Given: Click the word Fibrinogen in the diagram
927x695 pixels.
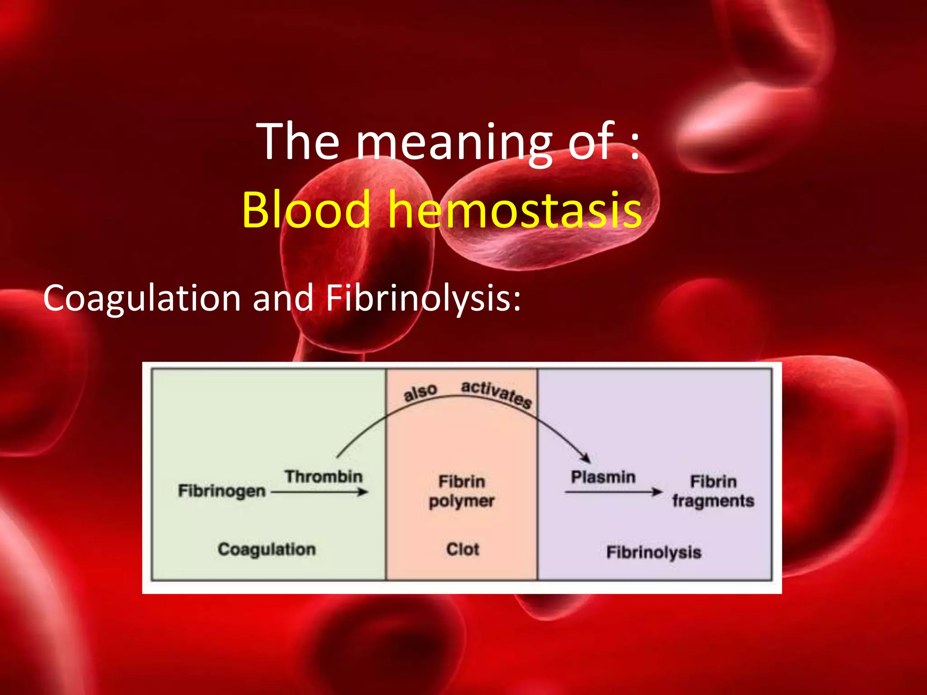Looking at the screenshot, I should point(221,491).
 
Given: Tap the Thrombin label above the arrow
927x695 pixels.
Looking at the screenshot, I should point(324,476).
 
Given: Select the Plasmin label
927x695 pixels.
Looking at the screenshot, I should point(603,477).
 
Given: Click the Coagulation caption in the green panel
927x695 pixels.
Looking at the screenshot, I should point(267,549).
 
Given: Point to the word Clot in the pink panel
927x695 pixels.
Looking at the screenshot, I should point(462,549).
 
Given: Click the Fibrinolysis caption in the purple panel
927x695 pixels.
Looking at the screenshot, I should point(654,552).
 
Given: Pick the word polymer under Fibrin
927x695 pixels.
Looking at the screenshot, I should point(462,501).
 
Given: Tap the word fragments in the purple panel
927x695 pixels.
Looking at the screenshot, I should point(713,501).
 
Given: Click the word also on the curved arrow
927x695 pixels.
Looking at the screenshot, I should point(420,392).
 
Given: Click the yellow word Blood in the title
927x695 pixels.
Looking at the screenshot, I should point(306,209).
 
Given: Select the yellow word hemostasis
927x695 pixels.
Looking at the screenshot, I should point(515,209).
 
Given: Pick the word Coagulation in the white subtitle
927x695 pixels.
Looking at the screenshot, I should point(142,299).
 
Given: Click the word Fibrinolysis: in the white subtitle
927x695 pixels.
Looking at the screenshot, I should point(423,299).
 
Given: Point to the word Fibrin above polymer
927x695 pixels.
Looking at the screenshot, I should point(462,481).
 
